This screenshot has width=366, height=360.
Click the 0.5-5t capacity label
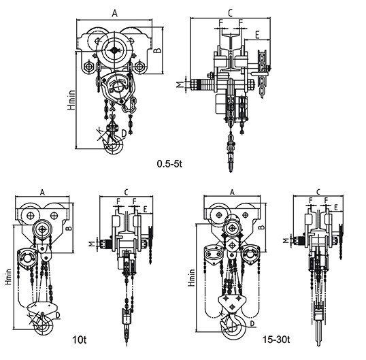(169, 164)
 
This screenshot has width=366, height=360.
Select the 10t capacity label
(80, 340)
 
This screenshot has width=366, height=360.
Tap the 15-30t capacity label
(276, 340)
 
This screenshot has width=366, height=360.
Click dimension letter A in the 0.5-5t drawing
(114, 14)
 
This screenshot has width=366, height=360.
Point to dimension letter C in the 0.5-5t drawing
(230, 14)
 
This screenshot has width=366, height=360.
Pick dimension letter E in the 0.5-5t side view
(257, 35)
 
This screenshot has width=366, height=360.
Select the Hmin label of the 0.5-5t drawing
(71, 100)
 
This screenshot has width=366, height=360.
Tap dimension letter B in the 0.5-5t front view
(159, 50)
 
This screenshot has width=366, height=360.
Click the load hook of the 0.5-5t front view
(114, 145)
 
